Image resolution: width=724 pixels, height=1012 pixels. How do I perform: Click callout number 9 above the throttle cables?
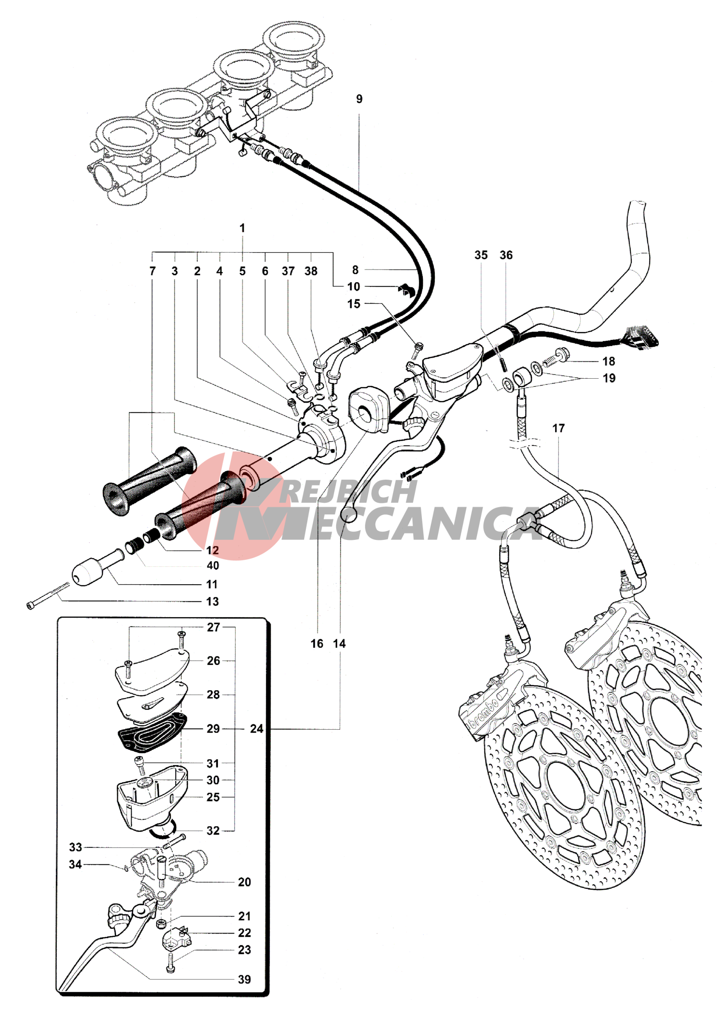pos(359,99)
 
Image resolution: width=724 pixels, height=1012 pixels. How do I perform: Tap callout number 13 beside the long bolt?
pos(212,602)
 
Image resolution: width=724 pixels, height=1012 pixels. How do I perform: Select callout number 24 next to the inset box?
pos(256,728)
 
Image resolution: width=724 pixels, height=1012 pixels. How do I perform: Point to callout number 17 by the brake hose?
pos(558,428)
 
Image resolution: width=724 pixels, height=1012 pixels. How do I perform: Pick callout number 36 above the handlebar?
pos(506,255)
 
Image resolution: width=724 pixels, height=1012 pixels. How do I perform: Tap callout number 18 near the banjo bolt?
pos(608,361)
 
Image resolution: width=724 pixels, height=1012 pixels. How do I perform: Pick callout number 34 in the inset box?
pos(75,864)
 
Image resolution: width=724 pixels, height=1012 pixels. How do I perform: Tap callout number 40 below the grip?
pos(212,565)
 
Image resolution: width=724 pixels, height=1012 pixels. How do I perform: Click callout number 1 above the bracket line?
pos(242,228)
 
